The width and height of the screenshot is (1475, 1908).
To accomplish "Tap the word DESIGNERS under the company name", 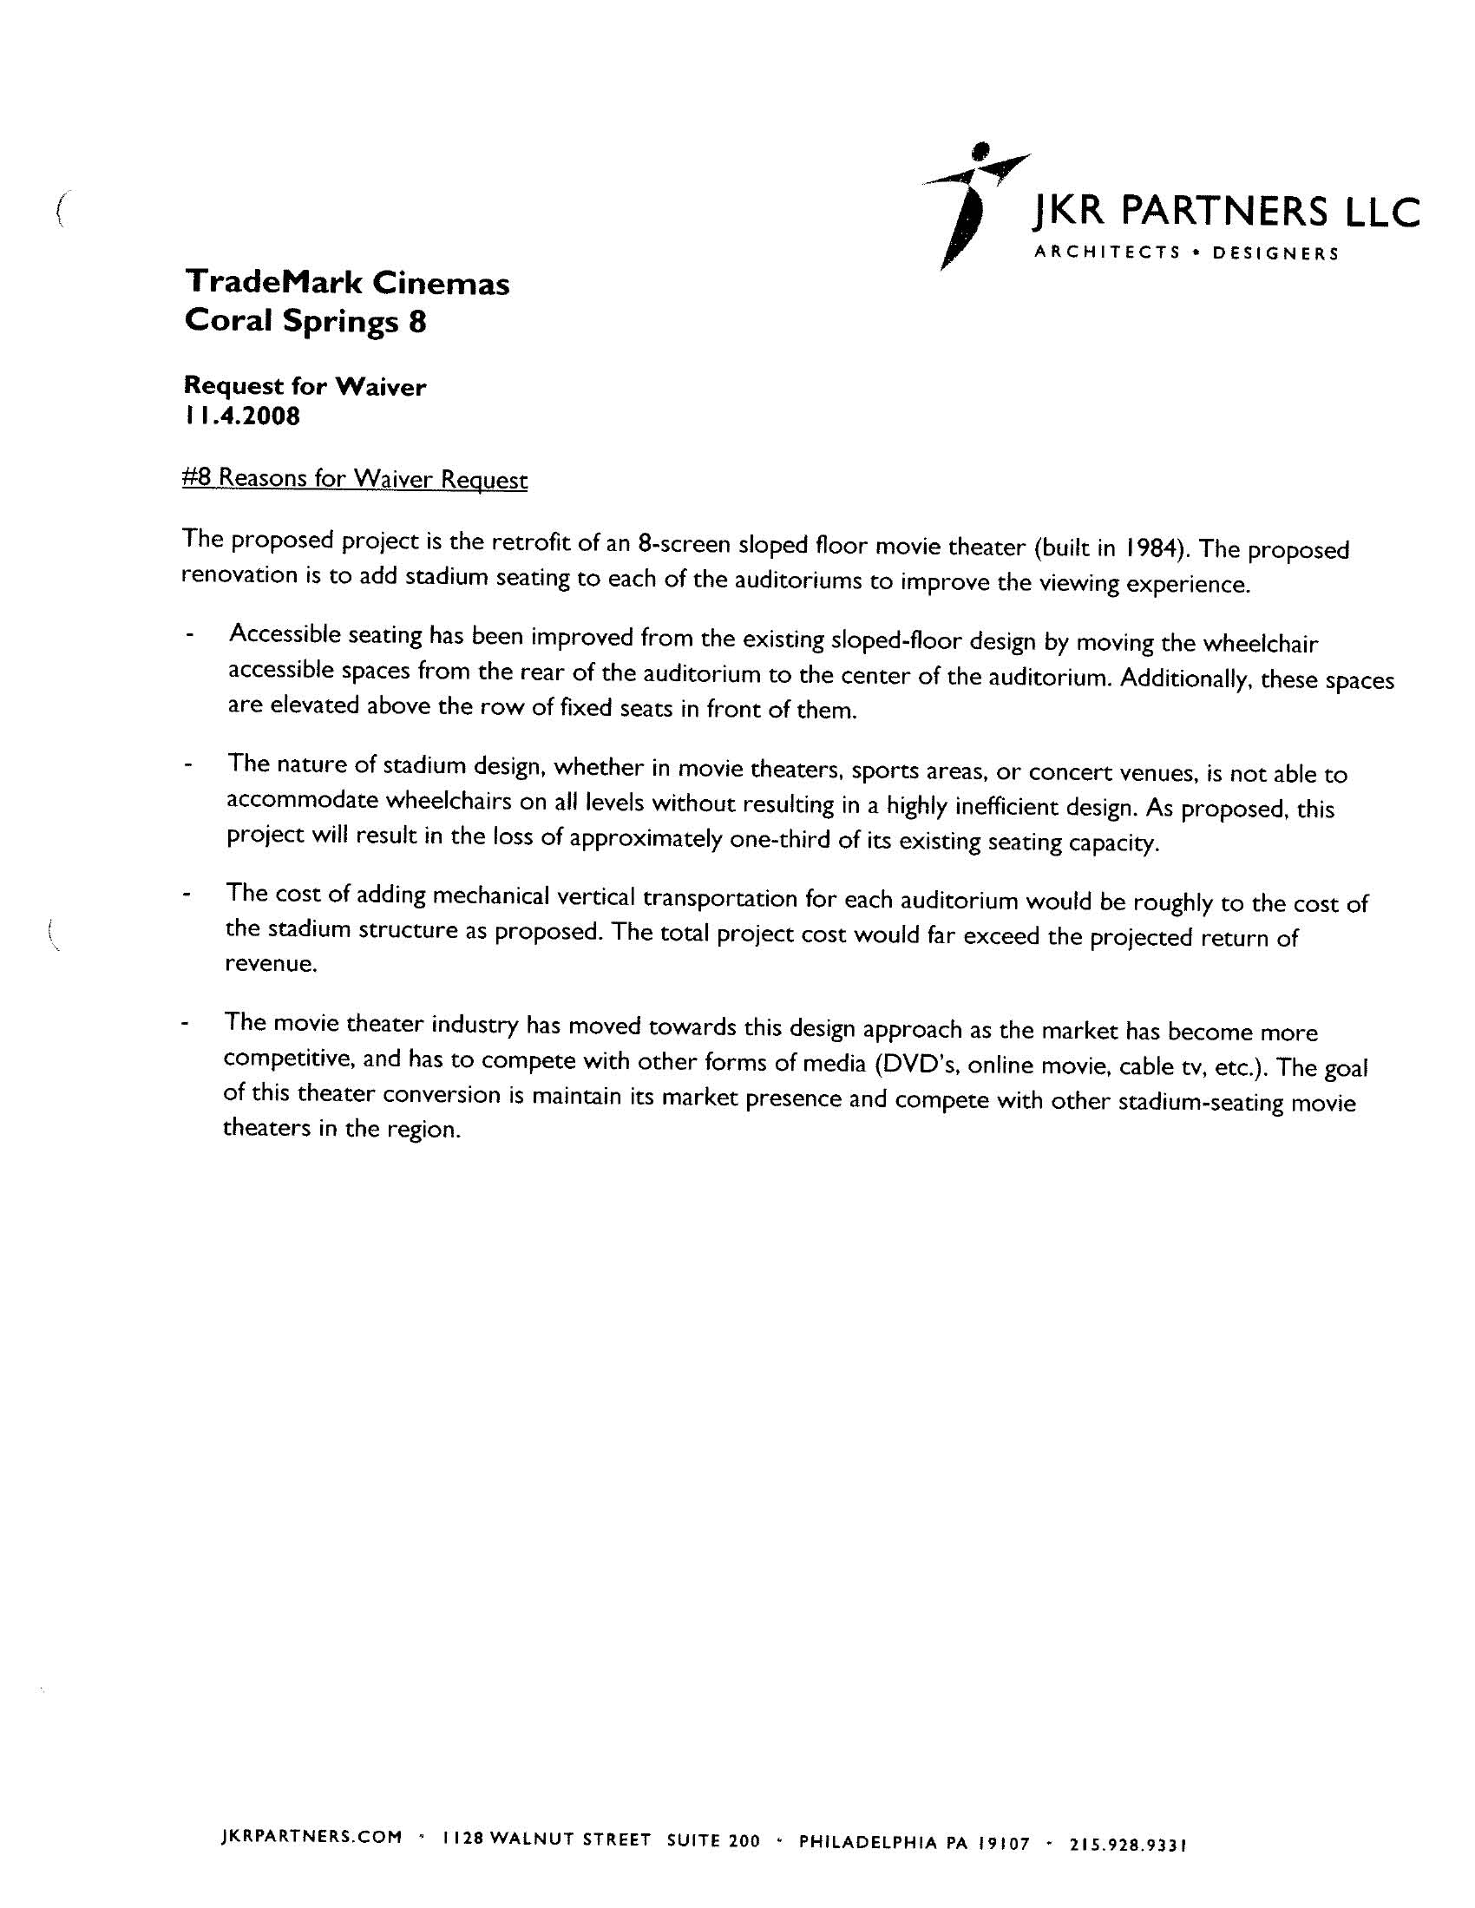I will [1275, 254].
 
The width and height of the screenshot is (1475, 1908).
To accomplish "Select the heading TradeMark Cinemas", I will [347, 283].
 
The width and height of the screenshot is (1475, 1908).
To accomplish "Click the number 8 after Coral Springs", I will [417, 323].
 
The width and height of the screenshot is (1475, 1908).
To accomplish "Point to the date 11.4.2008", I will [242, 416].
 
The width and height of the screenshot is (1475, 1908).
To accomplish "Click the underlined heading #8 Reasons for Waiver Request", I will [355, 479].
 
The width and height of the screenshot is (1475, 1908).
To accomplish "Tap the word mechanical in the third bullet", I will [499, 896].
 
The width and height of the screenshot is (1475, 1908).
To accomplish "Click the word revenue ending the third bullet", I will [269, 965].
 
